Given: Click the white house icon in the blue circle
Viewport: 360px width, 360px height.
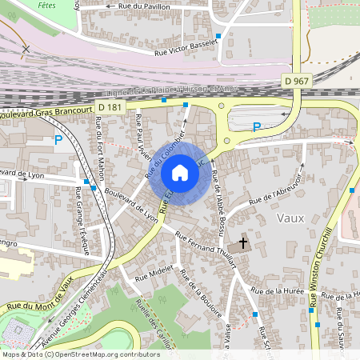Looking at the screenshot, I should point(180,172).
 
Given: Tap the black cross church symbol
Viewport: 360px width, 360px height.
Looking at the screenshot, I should point(243,242).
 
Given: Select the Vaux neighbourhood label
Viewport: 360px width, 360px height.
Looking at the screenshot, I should point(314,218).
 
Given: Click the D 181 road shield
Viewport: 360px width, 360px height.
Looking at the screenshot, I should point(112,106).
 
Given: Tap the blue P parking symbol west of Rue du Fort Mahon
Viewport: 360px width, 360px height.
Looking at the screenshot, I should point(58,139).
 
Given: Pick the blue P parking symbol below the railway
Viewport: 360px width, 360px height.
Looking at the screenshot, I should point(257,126).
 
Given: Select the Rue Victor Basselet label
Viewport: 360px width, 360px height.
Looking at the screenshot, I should point(185,48).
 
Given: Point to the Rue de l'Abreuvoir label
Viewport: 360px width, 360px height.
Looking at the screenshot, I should point(276,190).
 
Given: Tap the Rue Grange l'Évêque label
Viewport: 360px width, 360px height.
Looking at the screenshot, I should point(82,213).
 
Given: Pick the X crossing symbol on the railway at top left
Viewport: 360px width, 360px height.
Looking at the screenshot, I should point(26,49).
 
